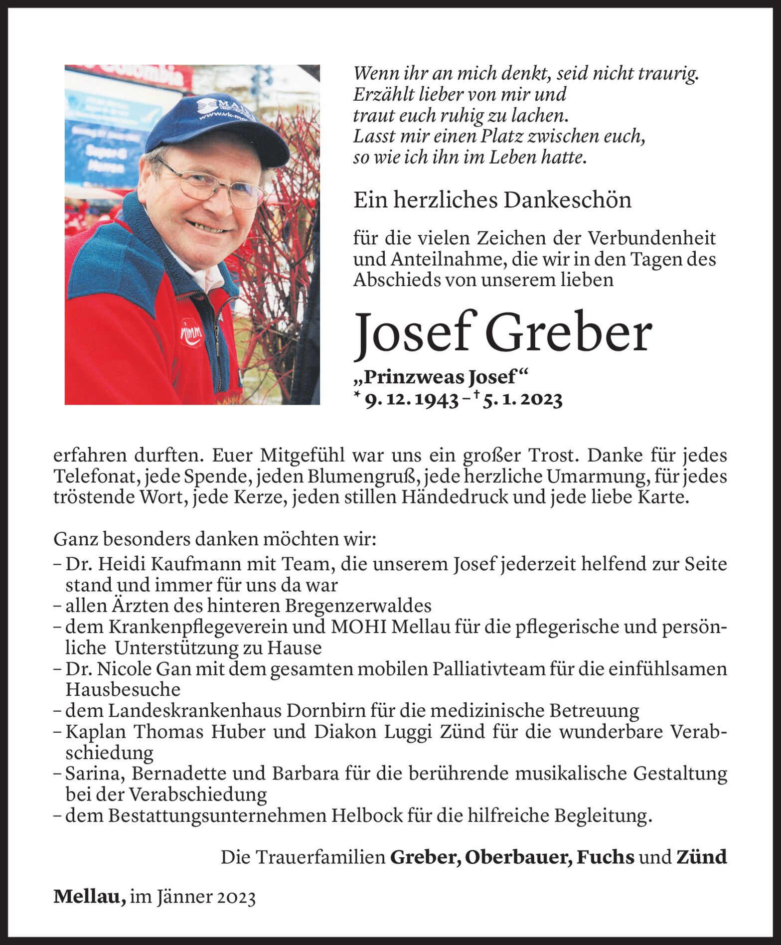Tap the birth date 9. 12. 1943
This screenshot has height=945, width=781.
point(412,400)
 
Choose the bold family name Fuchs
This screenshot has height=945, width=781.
point(605,857)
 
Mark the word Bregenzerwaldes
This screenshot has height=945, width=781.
point(358,606)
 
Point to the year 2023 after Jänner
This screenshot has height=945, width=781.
point(236,897)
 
